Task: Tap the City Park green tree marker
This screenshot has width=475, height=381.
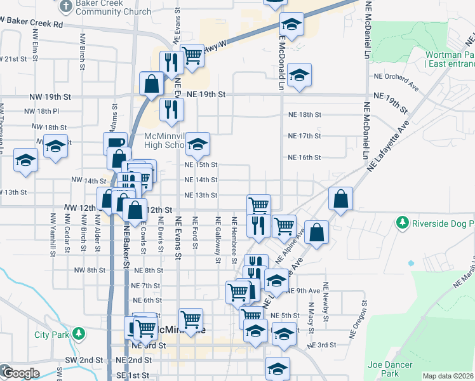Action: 78,333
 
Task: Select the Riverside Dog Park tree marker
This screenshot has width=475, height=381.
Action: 402,224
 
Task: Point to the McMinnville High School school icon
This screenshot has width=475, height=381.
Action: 197,147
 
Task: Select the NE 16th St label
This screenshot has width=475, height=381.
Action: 305,157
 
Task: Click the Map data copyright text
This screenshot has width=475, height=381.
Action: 448,376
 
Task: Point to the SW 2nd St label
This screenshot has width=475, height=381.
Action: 84,360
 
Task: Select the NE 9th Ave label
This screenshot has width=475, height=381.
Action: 303,291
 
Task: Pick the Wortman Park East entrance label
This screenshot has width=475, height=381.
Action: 450,60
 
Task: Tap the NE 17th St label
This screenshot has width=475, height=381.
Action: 305,136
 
